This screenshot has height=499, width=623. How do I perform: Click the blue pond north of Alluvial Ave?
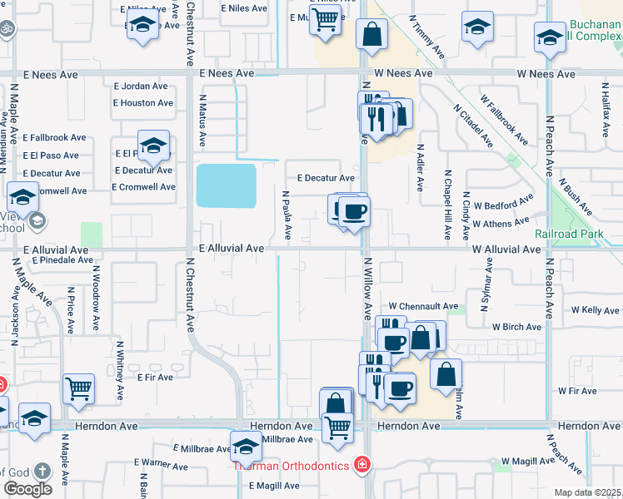click(x=226, y=185)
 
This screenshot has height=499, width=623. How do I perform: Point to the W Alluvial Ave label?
click(x=506, y=249)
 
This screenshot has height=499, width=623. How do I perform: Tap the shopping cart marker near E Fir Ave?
click(x=78, y=387)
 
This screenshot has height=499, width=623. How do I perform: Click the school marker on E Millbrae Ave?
click(x=246, y=447)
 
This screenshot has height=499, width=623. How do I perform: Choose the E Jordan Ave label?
click(x=145, y=86)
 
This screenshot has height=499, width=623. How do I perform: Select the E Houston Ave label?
click(x=143, y=103)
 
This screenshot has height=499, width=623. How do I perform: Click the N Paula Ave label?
click(x=287, y=215)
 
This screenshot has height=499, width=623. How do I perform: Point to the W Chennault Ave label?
click(x=423, y=307)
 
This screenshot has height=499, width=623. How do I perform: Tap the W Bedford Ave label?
click(x=502, y=204)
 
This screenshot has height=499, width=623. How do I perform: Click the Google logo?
click(x=27, y=489)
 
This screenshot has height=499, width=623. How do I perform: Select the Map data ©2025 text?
click(x=587, y=492)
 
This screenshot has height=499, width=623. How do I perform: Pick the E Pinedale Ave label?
click(x=63, y=260)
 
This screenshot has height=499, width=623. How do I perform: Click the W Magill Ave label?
click(x=528, y=461)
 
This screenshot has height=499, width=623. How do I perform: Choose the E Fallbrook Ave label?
click(x=54, y=137)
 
